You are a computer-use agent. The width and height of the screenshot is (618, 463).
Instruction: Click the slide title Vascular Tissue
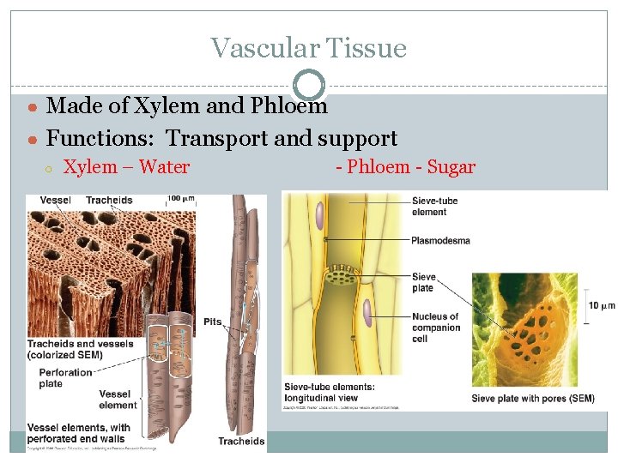pyautogui.click(x=308, y=48)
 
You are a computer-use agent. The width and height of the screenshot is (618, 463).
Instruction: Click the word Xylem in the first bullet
pyautogui.click(x=142, y=105)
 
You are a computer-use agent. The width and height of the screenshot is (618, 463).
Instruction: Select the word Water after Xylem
pyautogui.click(x=163, y=166)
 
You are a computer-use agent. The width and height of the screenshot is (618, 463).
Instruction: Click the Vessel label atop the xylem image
pyautogui.click(x=55, y=201)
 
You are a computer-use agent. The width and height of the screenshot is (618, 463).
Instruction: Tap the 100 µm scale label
pyautogui.click(x=180, y=199)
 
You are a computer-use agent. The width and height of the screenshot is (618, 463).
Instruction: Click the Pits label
pyautogui.click(x=213, y=322)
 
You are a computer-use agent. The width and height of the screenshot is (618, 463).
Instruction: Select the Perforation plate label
pyautogui.click(x=64, y=378)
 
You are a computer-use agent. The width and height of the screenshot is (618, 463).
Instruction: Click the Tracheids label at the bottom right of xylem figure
pyautogui.click(x=241, y=442)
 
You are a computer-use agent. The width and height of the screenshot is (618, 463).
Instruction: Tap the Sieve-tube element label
pyautogui.click(x=435, y=207)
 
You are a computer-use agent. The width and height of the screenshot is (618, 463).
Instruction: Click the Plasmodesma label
pyautogui.click(x=440, y=240)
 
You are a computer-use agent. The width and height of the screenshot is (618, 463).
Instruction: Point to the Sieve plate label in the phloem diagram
pyautogui.click(x=424, y=283)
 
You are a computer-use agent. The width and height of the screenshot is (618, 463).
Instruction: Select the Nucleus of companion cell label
pyautogui.click(x=435, y=327)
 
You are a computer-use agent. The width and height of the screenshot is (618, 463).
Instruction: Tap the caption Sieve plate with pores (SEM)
pyautogui.click(x=532, y=399)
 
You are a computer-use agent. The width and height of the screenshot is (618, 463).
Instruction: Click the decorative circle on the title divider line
pyautogui.click(x=309, y=85)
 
